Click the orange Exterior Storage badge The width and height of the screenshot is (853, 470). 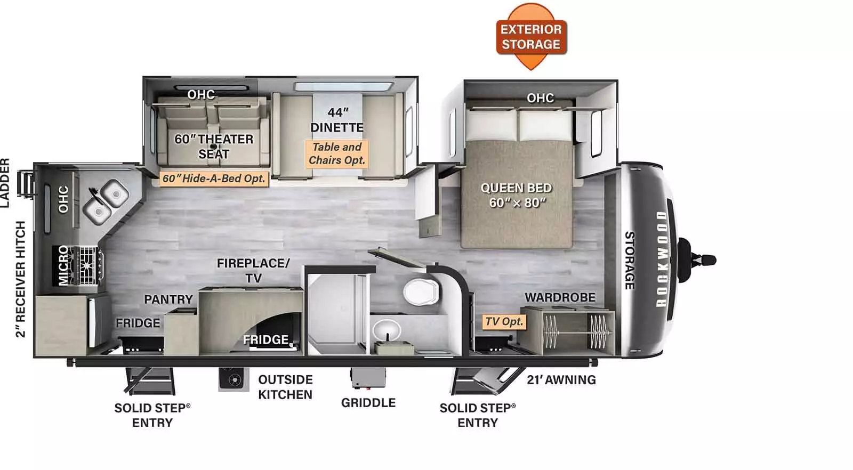coord(531,36)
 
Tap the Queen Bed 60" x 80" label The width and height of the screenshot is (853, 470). coord(517,195)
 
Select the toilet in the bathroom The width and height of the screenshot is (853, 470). coord(421,293)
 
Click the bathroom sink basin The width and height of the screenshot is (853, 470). coord(388,328)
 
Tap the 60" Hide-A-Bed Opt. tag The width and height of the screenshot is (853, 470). coord(213,179)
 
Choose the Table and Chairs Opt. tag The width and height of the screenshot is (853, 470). coord(337,153)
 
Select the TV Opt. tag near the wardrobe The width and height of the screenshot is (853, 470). coord(504,321)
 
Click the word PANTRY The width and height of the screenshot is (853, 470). coord(168,299)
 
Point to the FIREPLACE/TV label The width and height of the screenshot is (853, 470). coord(253,270)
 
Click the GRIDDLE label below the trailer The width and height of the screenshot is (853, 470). coord(368,403)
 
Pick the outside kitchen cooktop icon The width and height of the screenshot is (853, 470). coord(234,379)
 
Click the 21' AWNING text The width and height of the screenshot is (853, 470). coord(561,380)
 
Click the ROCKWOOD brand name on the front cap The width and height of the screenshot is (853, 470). coord(662,259)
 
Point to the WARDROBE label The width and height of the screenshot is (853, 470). coord(560,297)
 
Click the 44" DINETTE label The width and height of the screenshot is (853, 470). coord(337,120)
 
